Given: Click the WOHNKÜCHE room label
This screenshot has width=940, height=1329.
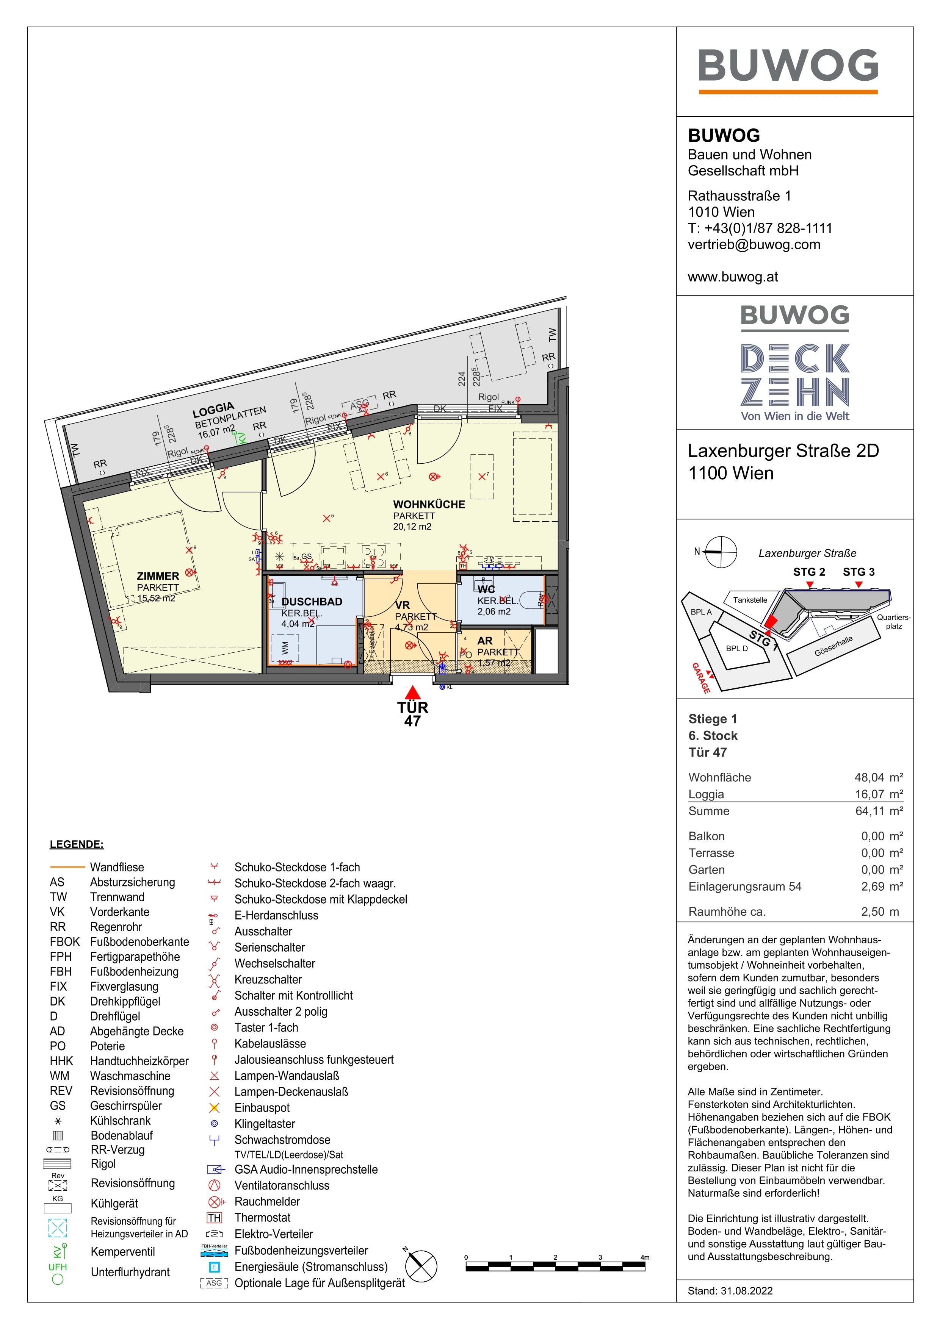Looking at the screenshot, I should pos(429,504).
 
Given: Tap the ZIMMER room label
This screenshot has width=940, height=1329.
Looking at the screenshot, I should pos(158,576).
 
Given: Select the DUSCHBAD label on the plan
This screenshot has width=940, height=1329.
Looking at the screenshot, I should pos(312,601).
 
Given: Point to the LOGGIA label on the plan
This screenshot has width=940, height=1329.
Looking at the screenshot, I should pos(213,410).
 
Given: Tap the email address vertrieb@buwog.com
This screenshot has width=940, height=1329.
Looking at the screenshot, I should pos(754,244).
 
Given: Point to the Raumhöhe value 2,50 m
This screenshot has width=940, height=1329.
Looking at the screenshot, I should pos(880,912).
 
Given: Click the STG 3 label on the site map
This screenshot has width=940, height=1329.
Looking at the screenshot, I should pos(859,572).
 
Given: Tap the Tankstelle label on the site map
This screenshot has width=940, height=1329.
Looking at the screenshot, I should pos(750,600).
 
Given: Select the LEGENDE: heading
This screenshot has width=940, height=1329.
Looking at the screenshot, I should pos(77,844).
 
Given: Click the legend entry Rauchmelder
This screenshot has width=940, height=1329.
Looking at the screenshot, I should pos(267,1202).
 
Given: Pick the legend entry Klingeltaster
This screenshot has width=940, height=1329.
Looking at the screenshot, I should pos(265,1124).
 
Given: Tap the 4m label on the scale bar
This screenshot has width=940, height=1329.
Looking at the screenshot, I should pos(645,1257).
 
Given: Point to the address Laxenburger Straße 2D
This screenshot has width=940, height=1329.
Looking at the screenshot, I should pos(783,451).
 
